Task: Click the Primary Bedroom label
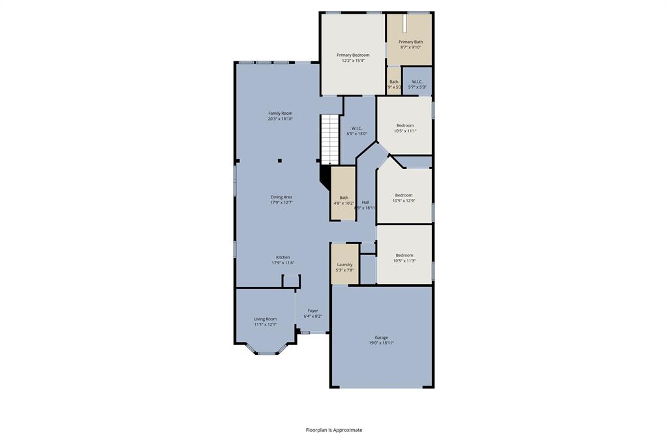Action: [353, 55]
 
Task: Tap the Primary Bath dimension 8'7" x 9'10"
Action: [410, 47]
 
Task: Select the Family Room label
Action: [280, 114]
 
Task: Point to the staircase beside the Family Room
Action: [329, 140]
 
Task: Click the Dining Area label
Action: [281, 197]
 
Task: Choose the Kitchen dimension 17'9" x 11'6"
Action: [282, 263]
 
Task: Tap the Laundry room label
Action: [344, 264]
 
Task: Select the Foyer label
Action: [313, 311]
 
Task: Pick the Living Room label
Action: [266, 319]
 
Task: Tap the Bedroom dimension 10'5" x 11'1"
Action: [405, 131]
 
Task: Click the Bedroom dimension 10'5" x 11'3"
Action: [404, 261]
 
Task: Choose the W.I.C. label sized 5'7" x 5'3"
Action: [417, 87]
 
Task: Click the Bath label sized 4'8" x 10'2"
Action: [344, 198]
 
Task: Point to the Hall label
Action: [365, 202]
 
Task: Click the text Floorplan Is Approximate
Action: [334, 430]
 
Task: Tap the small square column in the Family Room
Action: [280, 160]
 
